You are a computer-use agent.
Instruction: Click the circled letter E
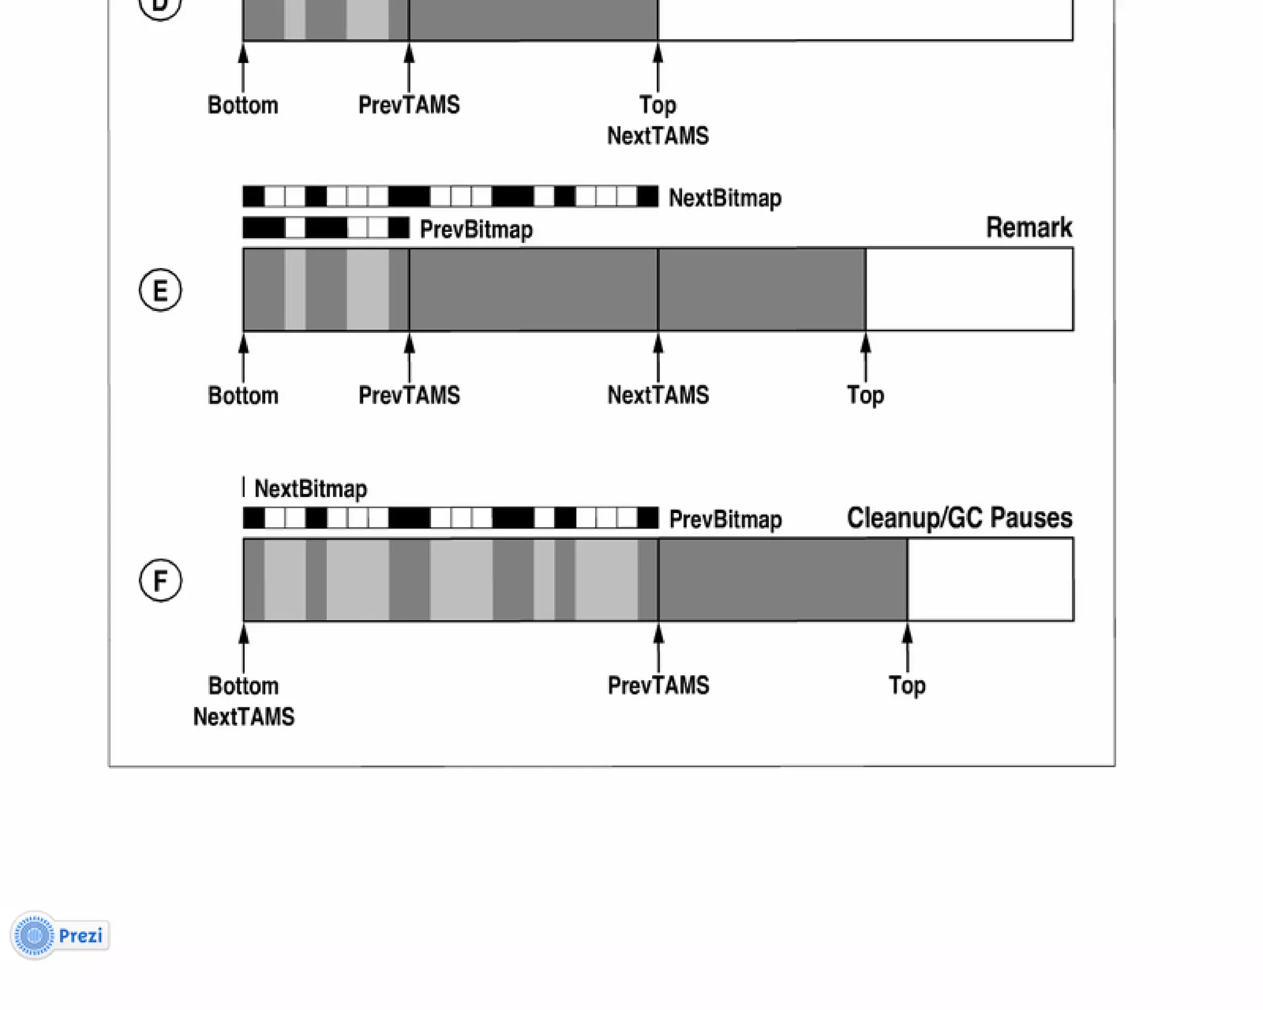[160, 290]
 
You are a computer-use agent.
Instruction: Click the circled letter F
[160, 580]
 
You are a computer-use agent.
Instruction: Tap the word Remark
[1029, 228]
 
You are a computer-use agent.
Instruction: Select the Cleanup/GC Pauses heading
[959, 518]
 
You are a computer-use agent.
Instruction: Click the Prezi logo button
[60, 935]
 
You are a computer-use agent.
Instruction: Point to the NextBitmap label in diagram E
[725, 198]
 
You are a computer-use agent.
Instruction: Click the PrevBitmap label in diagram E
[476, 229]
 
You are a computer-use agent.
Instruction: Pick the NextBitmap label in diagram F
[310, 488]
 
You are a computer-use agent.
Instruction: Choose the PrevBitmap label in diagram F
[725, 519]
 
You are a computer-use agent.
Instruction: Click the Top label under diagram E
[865, 395]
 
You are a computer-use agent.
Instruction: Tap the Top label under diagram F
[907, 685]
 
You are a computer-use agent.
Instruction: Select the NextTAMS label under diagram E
[658, 395]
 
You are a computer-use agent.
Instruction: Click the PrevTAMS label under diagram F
[658, 685]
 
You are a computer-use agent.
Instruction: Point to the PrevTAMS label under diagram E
[409, 395]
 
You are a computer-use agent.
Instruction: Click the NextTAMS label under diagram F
[244, 716]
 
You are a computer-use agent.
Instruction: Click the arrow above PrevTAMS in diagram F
[658, 647]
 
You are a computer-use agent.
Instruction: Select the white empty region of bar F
[990, 580]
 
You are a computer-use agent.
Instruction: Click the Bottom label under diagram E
[243, 395]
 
